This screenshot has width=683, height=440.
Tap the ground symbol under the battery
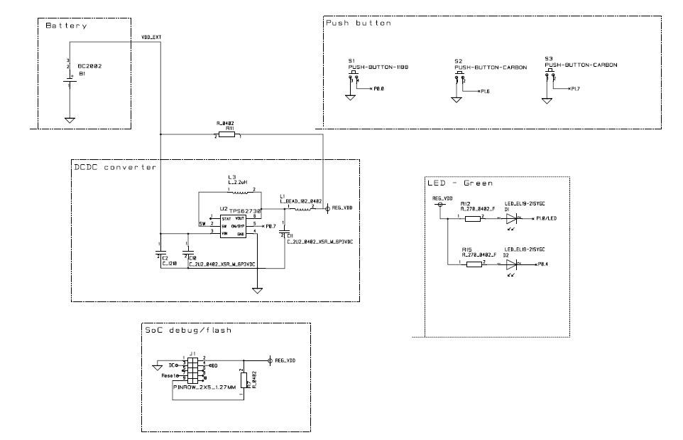(70, 120)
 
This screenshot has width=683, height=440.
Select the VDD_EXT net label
(151, 37)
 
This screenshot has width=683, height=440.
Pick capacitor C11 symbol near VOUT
(284, 235)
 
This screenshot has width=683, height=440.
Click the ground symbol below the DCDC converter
(258, 291)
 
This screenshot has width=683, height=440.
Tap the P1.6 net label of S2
(486, 92)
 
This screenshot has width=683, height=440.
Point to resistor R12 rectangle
(474, 219)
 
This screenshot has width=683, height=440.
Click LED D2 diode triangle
(510, 264)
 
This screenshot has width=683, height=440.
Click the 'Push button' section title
(359, 23)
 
